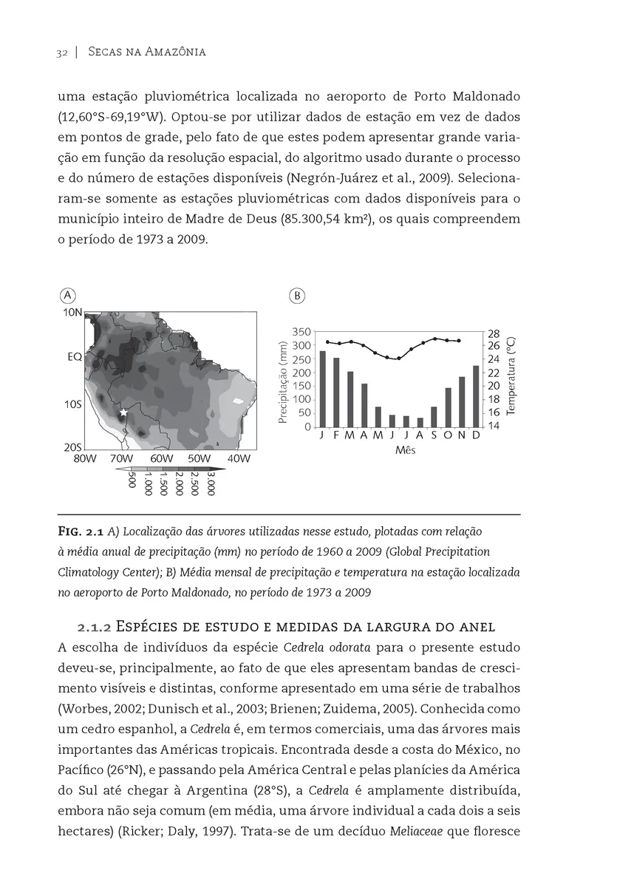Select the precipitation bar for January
322,389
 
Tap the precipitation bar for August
420,422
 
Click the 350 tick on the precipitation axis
301,332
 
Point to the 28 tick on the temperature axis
494,334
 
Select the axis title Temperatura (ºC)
512,376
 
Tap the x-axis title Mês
405,450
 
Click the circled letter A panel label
67,294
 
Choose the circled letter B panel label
296,295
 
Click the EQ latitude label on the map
74,356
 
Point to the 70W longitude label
121,458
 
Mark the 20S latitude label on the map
72,448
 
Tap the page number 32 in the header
61,52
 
